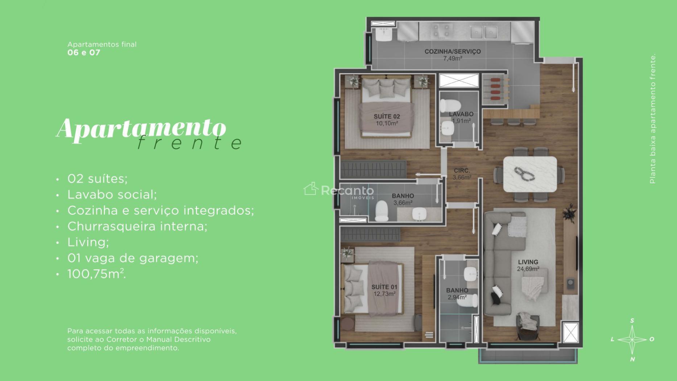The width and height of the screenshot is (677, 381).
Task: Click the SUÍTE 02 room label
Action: tap(387, 116)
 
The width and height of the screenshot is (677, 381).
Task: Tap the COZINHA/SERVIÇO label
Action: tap(453, 52)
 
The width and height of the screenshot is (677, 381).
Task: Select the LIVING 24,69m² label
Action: tap(528, 265)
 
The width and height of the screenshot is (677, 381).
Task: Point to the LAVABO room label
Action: tap(461, 114)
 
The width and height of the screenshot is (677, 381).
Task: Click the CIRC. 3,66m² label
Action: tap(462, 174)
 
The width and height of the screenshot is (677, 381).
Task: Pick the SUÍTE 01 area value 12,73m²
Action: tap(384, 294)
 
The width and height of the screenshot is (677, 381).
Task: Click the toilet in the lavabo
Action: tap(450, 106)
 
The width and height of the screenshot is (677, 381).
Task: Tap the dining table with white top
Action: tap(530, 174)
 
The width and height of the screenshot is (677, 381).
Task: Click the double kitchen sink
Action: tap(484, 32)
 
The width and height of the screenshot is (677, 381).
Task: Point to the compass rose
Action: tap(632, 340)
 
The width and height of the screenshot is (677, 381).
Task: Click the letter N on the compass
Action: tap(632, 359)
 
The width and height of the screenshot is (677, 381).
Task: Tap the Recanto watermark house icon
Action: tap(311, 189)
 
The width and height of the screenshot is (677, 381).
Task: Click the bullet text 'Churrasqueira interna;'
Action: tap(137, 226)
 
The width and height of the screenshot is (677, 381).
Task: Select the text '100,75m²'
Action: tap(96, 274)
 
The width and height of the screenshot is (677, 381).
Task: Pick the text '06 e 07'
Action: tap(84, 53)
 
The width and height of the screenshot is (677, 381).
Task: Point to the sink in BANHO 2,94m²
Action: tap(471, 274)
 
